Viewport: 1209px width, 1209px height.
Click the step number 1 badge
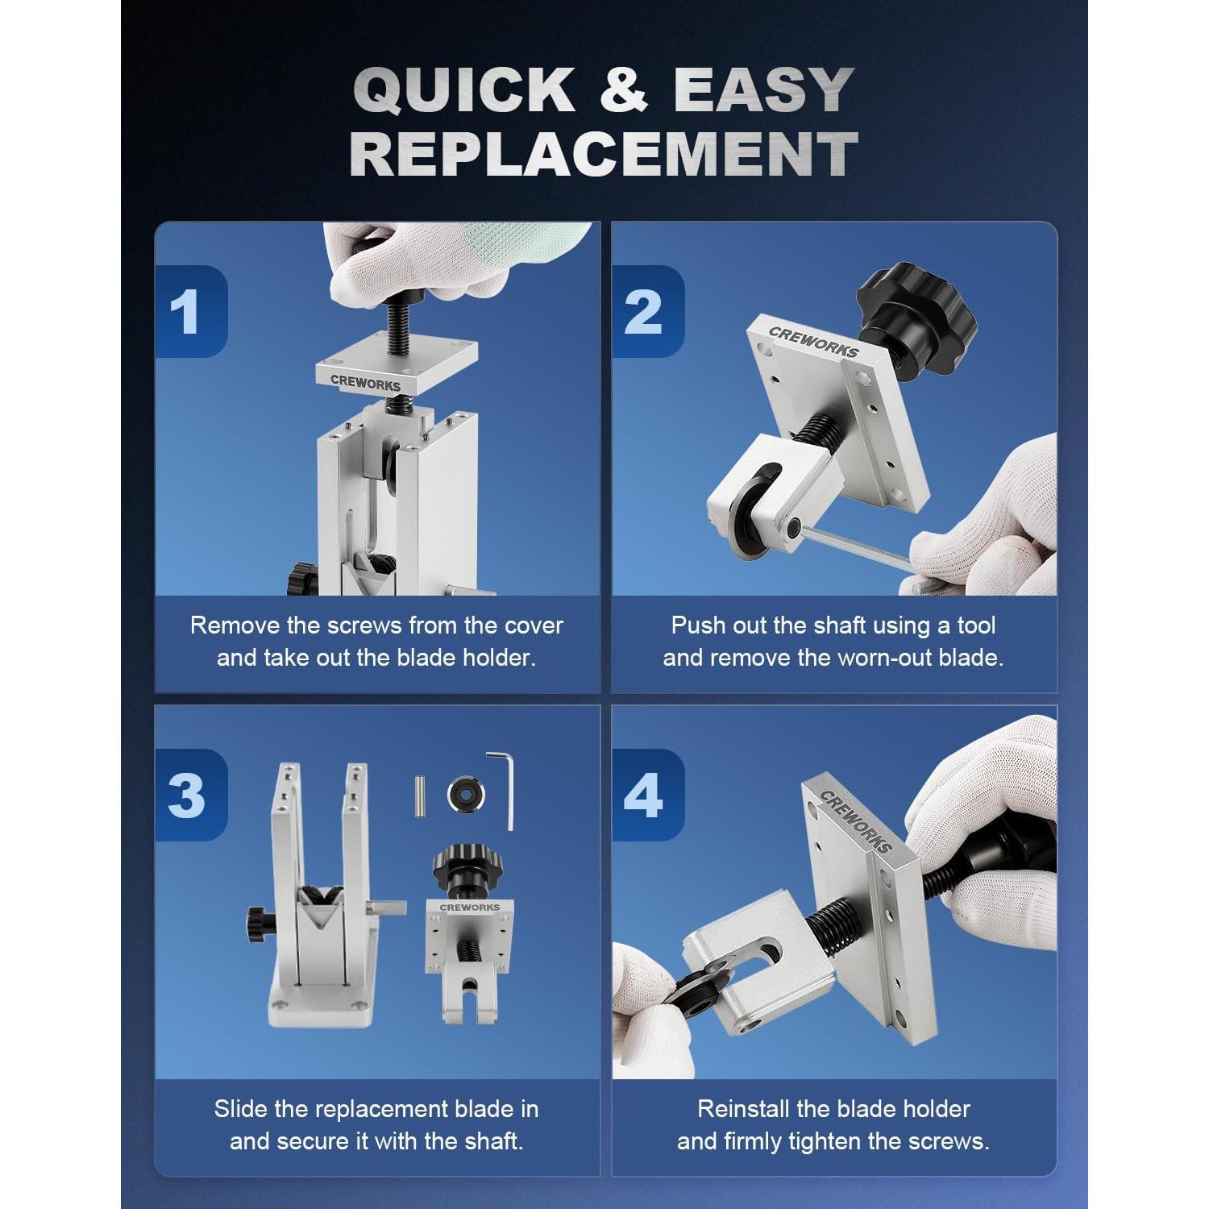coord(190,311)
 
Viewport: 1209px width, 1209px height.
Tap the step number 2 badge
coord(647,311)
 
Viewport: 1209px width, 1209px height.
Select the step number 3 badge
coord(190,795)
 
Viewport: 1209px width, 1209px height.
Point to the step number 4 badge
coord(647,795)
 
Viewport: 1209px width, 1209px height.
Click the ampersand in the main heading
coord(624,89)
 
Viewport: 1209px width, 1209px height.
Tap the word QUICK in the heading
coord(464,89)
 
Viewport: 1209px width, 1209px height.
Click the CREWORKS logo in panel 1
coord(365,382)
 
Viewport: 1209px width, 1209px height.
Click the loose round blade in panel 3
coord(466,794)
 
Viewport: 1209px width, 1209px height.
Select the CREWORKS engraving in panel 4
coord(855,821)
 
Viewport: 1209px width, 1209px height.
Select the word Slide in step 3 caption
coord(241,1109)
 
